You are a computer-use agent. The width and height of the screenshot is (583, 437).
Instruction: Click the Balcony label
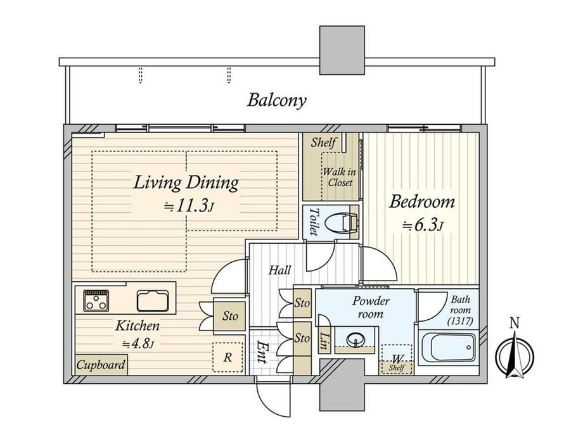[277, 101]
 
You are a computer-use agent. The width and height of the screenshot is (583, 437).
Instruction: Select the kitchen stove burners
[96, 301]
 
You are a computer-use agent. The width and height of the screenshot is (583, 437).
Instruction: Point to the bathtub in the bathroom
[449, 347]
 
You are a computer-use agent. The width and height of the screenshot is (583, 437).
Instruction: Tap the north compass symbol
[515, 351]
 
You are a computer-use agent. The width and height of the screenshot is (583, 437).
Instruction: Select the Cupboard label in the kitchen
[100, 365]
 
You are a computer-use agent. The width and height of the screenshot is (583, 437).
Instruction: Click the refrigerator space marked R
[227, 357]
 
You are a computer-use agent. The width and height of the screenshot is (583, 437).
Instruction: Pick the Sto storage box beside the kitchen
[230, 316]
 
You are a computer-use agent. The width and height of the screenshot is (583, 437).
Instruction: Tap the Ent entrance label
[262, 351]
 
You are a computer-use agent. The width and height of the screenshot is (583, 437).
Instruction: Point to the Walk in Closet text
[340, 177]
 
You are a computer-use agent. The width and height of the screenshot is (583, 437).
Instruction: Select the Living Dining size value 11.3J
[188, 205]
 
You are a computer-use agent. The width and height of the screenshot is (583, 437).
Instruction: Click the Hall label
[279, 270]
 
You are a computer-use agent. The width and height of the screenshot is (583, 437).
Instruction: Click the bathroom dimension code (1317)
[460, 321]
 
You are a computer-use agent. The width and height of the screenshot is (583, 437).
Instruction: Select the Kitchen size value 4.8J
[138, 344]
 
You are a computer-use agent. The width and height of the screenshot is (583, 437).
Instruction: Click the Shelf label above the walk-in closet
[323, 142]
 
